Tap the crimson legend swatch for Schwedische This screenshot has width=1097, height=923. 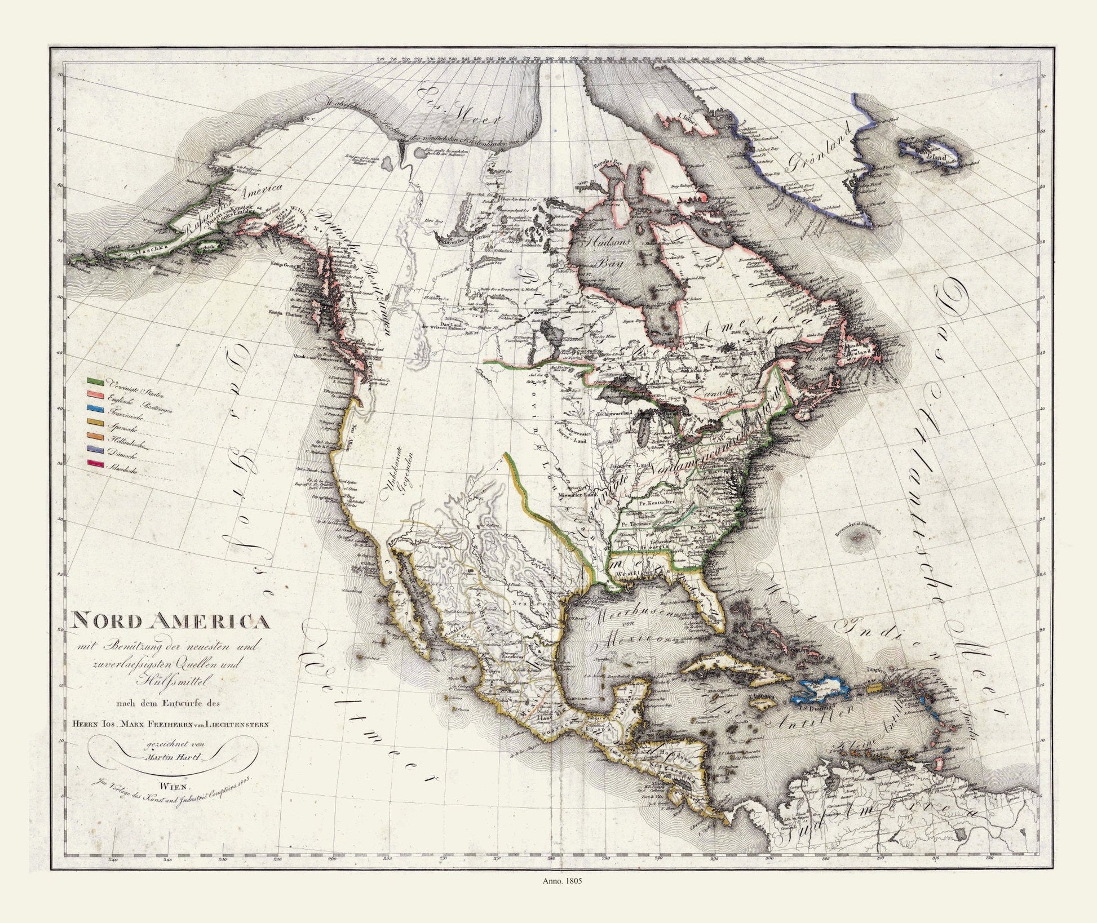pos(95,463)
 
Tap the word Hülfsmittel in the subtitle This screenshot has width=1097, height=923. pos(170,682)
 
